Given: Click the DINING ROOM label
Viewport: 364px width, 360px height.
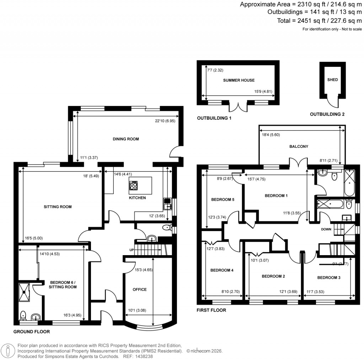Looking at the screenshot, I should [125, 139].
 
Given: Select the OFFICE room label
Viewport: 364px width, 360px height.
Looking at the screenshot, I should [139, 290].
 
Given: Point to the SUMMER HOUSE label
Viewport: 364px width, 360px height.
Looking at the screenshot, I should [239, 80].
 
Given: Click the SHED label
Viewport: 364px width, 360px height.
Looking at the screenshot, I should [332, 80].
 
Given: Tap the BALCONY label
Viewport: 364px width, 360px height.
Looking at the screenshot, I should [299, 146].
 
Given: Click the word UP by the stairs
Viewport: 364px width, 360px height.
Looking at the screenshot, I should [132, 250].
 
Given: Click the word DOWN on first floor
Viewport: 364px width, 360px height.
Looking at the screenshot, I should [326, 229].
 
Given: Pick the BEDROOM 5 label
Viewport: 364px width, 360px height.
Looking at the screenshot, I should [223, 199].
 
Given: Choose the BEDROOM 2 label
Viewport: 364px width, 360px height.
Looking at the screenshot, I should [273, 276].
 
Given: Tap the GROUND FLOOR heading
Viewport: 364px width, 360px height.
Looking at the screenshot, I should [32, 332].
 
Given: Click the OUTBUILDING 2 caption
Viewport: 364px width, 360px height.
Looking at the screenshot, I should [327, 114].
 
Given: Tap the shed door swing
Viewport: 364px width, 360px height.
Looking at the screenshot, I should [334, 102].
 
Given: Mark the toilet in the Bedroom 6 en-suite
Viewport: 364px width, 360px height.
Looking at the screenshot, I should [23, 315].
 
